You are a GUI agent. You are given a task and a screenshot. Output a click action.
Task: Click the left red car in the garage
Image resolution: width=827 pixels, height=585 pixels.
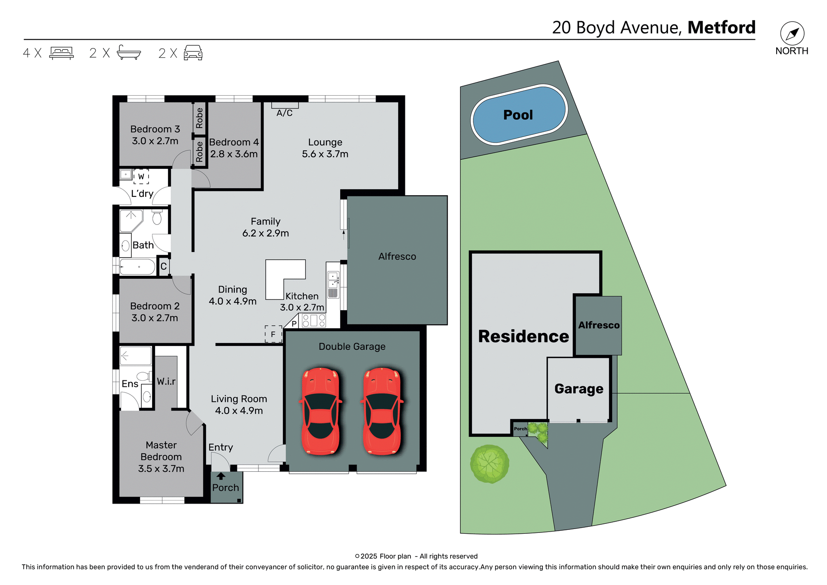[x=320, y=411]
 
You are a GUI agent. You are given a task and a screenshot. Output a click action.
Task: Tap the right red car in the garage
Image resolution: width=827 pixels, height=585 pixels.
[x=382, y=411]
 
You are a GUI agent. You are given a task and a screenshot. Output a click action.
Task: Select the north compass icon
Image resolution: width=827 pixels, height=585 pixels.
[x=792, y=34]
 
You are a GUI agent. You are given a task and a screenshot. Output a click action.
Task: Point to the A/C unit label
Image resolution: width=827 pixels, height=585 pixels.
[x=284, y=113]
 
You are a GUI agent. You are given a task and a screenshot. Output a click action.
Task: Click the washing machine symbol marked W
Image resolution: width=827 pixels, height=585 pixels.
[x=141, y=176]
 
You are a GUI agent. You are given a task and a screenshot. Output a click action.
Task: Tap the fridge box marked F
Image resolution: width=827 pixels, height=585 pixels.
[x=273, y=334]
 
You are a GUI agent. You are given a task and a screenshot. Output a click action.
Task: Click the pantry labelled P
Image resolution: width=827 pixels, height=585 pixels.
[x=294, y=324]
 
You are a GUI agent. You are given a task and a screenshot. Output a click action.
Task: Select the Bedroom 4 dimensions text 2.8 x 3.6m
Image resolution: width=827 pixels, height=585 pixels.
[x=234, y=154]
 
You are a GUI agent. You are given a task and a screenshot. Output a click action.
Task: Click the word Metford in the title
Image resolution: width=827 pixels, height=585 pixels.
[x=721, y=28]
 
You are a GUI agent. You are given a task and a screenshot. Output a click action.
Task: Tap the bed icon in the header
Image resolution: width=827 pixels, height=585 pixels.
[x=62, y=53]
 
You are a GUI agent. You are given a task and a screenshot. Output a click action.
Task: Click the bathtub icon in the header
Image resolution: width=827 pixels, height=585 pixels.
[x=129, y=53]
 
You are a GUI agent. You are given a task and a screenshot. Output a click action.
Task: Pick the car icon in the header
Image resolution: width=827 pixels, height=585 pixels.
[x=193, y=53]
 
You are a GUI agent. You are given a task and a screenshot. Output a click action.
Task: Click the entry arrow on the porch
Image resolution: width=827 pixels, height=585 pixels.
[x=221, y=476]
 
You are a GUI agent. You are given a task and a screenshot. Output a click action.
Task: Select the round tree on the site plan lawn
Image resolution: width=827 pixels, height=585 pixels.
[x=489, y=464]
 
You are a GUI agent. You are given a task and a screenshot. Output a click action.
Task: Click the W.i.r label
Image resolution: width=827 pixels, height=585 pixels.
[x=166, y=381]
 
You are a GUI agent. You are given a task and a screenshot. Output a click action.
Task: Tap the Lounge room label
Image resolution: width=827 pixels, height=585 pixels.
[x=325, y=142]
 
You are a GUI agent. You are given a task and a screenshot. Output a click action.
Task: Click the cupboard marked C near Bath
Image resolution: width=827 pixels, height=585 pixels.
[x=164, y=266]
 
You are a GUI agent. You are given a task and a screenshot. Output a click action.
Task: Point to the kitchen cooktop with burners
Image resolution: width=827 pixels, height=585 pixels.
[x=314, y=321]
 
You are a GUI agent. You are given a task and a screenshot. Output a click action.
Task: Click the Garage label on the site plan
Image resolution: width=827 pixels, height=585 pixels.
[x=578, y=389]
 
